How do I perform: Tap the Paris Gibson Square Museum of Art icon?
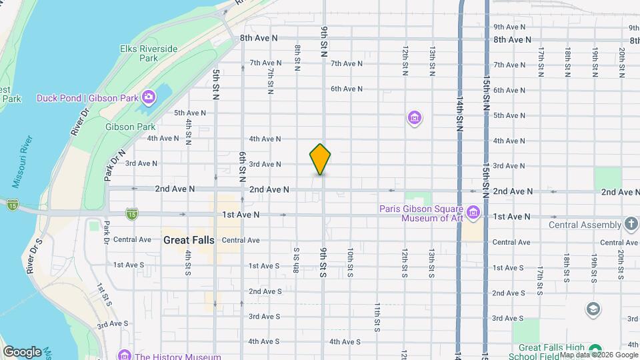[473, 214]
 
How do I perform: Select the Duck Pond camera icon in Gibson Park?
[148, 98]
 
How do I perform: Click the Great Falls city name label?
[189, 240]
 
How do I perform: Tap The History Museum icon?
[123, 355]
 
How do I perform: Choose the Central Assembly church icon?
[631, 225]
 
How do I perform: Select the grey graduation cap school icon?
[592, 309]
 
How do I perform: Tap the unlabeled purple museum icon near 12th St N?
[415, 119]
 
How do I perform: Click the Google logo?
[21, 351]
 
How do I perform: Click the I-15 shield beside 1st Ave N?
[132, 214]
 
